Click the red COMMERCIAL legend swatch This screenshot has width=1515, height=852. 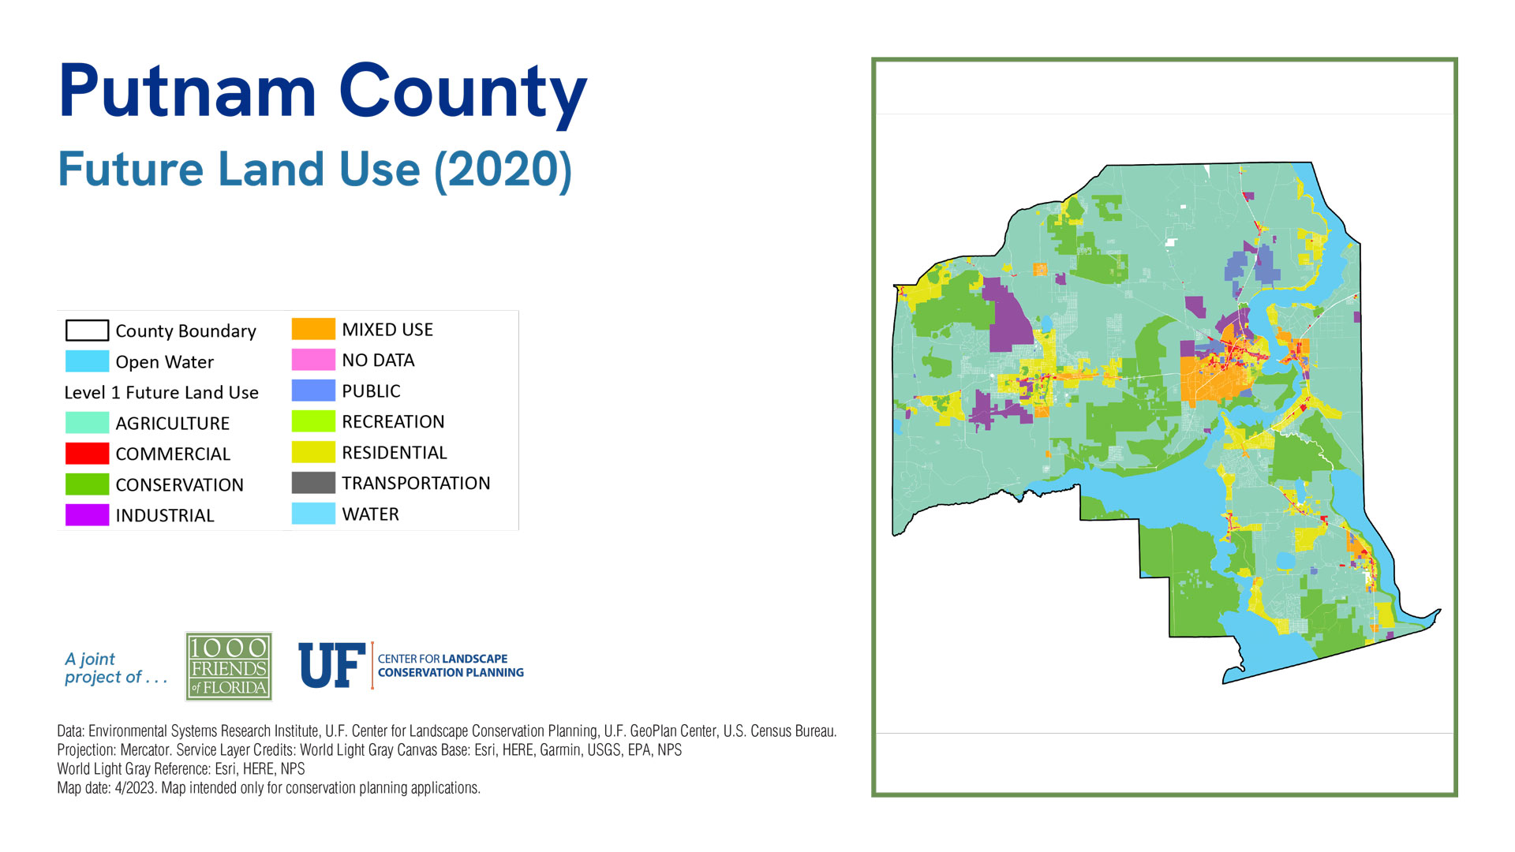[87, 454]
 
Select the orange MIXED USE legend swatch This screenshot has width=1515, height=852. [313, 329]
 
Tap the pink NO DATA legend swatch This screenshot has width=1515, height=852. [313, 360]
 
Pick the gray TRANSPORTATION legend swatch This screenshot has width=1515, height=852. [313, 483]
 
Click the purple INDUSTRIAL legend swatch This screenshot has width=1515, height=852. [87, 515]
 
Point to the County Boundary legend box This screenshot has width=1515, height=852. [87, 330]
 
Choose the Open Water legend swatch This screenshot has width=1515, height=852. [87, 361]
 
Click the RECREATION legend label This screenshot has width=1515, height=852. [393, 422]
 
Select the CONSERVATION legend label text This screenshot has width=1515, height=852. [179, 485]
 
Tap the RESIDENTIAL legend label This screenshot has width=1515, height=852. [395, 453]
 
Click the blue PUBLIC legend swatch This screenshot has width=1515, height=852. [313, 390]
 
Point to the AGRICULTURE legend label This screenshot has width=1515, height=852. [172, 424]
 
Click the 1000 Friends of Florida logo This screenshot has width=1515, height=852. [229, 667]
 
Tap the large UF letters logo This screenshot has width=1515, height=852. [332, 665]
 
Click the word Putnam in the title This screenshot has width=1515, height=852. [188, 92]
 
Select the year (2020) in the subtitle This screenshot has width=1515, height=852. [503, 170]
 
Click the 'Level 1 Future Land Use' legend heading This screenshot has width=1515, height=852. [161, 393]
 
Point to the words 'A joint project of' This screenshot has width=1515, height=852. [116, 668]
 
